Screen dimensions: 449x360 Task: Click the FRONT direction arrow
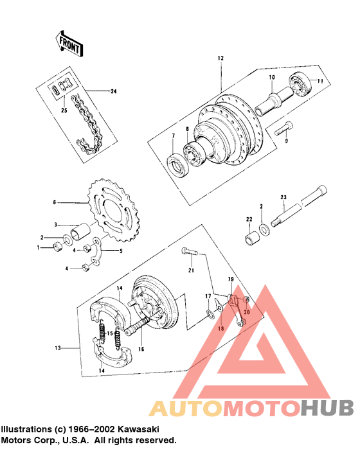coord(67,43)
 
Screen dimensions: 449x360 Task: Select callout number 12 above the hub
coord(220,58)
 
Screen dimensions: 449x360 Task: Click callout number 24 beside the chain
coord(114,92)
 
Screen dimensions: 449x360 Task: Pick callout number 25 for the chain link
coord(63,110)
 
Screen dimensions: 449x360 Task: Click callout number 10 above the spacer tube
coord(271,77)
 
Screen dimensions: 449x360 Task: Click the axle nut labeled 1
coord(58,246)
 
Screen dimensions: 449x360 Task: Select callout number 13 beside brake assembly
coord(57,348)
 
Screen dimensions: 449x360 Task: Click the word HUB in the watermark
coord(327,407)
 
